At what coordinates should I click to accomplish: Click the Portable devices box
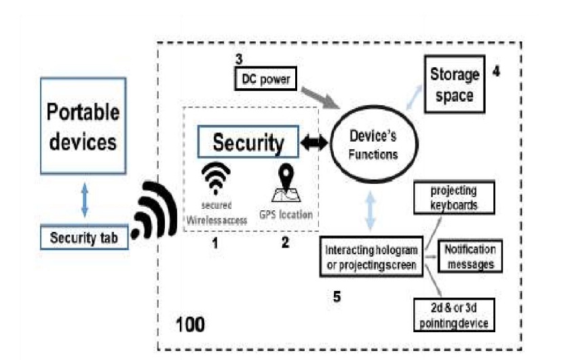(82, 127)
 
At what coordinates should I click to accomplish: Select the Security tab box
(83, 238)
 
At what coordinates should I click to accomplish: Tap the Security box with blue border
(248, 142)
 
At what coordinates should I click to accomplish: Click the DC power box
(265, 79)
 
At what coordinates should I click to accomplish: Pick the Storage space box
(454, 85)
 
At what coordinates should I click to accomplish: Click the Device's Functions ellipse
(372, 144)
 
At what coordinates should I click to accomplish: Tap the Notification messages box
(470, 256)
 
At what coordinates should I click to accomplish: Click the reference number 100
(190, 324)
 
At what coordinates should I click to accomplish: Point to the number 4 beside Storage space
(497, 70)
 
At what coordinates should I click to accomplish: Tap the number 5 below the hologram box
(339, 296)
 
